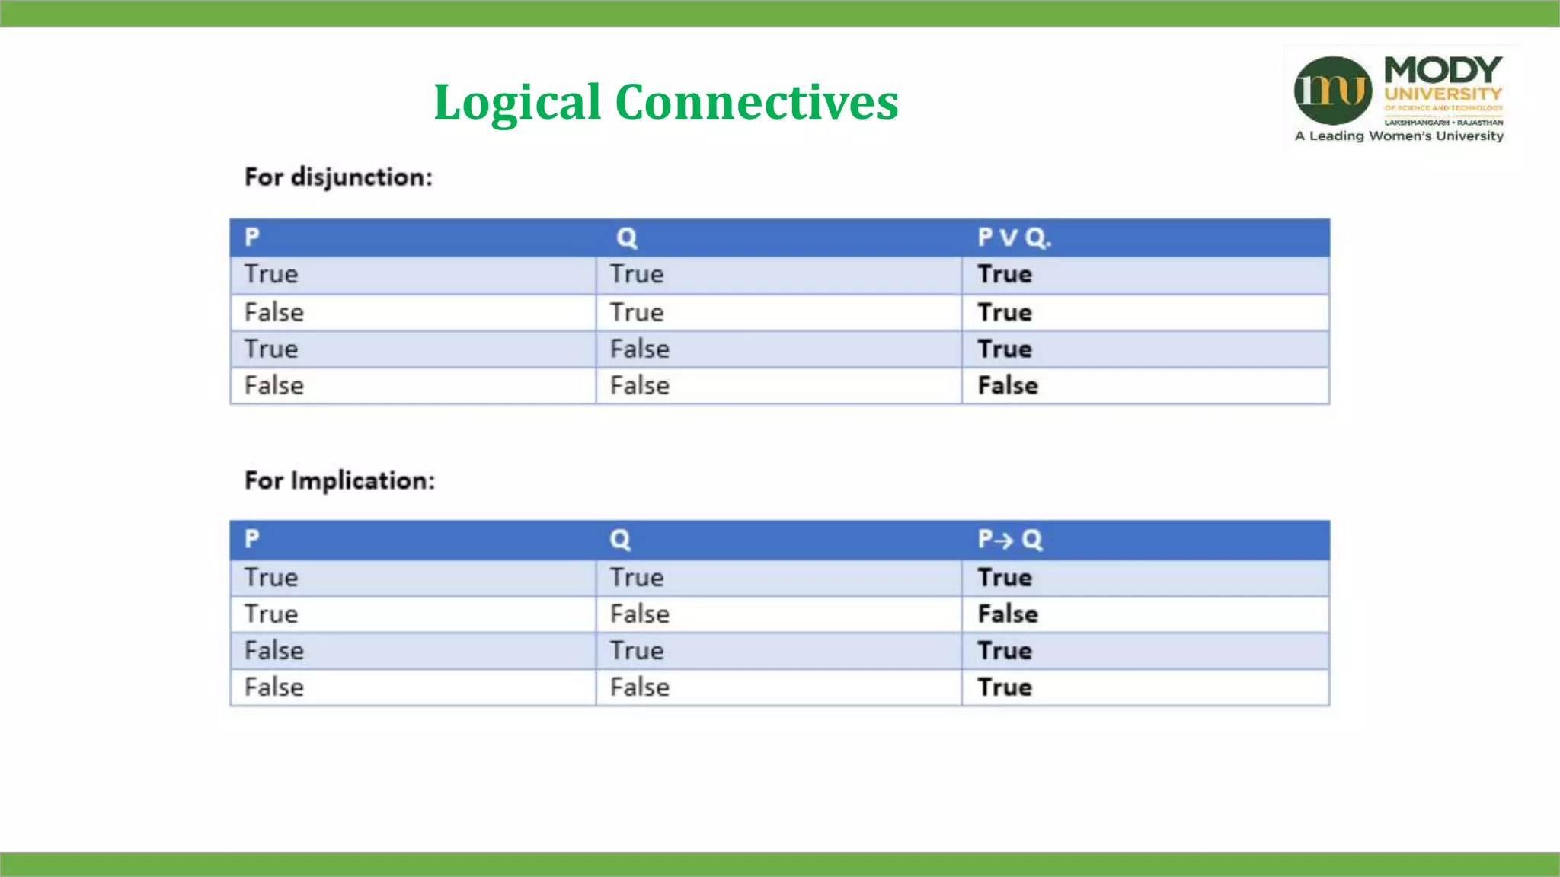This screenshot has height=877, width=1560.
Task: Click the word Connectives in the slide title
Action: coord(756,102)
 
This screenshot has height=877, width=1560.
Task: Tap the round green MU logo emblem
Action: coord(1332,91)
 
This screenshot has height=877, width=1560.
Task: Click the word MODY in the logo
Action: coord(1443,71)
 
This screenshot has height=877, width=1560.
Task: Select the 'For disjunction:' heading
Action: coord(338,177)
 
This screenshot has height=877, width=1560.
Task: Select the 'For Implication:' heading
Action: coord(340,480)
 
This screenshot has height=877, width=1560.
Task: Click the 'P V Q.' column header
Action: coord(1014,238)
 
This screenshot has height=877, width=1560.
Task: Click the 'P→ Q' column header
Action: coord(1010,539)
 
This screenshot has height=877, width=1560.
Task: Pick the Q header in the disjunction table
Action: coord(627,238)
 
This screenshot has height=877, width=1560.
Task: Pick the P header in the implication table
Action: coord(252,538)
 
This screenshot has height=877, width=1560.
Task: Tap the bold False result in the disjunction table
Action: coord(1008,385)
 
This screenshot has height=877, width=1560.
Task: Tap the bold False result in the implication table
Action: coord(1008,614)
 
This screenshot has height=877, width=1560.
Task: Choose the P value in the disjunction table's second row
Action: coord(274,312)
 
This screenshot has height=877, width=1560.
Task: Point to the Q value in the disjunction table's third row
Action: coord(640,349)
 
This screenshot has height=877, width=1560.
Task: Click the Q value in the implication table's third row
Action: coord(637,650)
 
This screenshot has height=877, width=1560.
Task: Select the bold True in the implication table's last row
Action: coord(1005,687)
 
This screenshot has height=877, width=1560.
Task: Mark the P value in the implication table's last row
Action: coord(274,687)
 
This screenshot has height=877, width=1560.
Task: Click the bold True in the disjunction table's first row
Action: coord(1005,274)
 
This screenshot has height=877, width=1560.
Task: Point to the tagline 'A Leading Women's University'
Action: coord(1399,136)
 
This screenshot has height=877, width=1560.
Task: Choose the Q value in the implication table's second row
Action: coord(640,614)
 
